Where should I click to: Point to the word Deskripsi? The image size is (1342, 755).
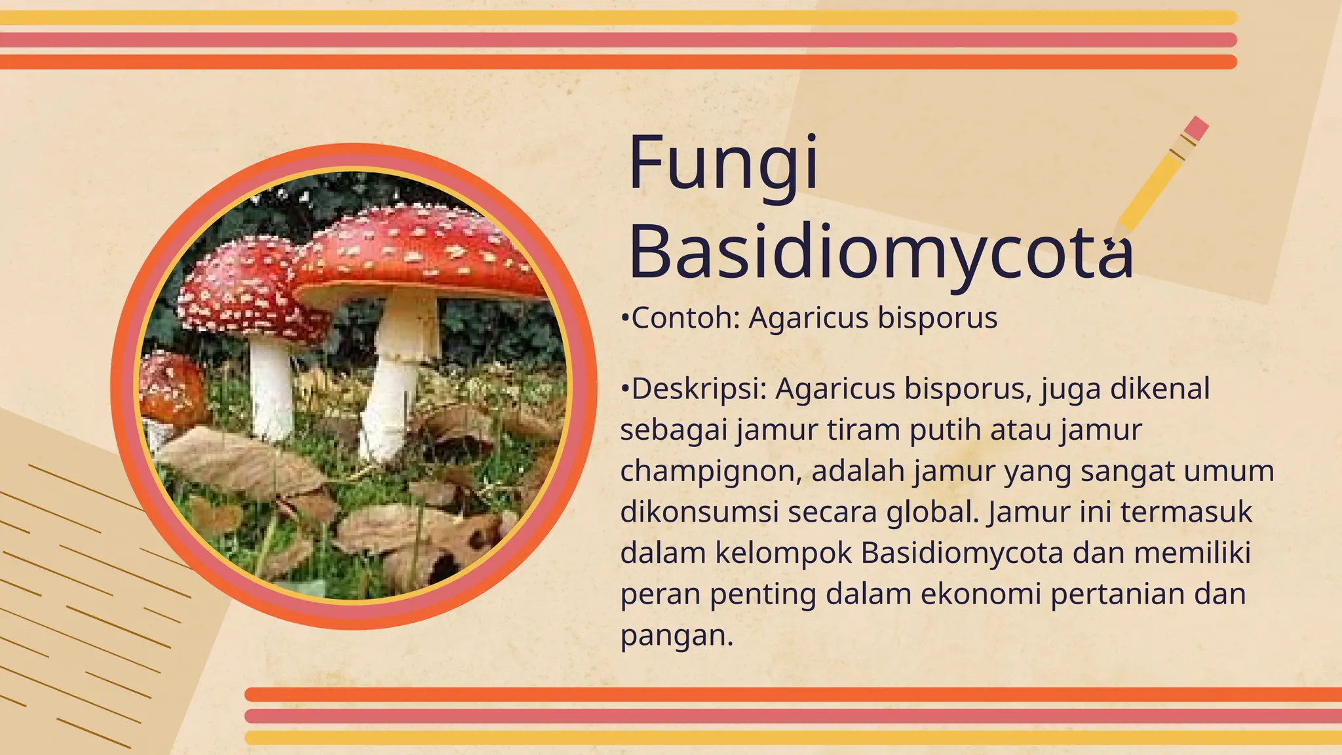point(699,389)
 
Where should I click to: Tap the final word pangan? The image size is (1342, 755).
point(676,636)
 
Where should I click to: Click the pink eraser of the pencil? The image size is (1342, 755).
point(1197,128)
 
